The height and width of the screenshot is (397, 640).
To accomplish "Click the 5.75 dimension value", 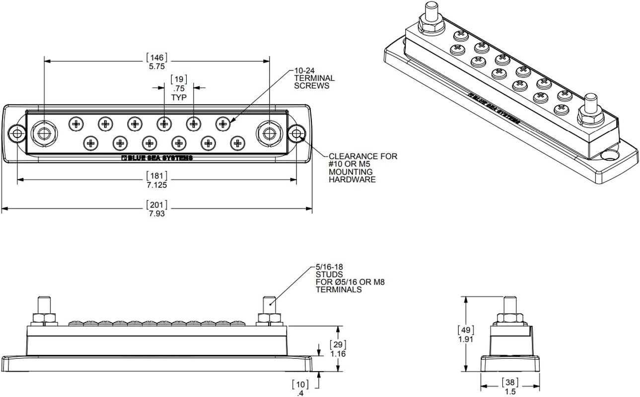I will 156,66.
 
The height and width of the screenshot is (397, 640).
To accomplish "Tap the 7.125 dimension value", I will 156,185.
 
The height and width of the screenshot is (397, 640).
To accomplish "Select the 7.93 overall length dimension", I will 156,214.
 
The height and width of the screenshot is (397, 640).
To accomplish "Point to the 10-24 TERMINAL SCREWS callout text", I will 314,78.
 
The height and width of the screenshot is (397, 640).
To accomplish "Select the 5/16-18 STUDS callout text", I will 350,278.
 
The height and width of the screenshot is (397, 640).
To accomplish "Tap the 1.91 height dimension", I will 466,339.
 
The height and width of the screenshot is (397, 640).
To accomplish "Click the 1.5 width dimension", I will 510,392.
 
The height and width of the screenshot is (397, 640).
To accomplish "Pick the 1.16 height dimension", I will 338,354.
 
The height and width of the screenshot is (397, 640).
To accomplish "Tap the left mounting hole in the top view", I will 17,133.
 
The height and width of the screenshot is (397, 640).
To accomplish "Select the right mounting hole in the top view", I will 297,133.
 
